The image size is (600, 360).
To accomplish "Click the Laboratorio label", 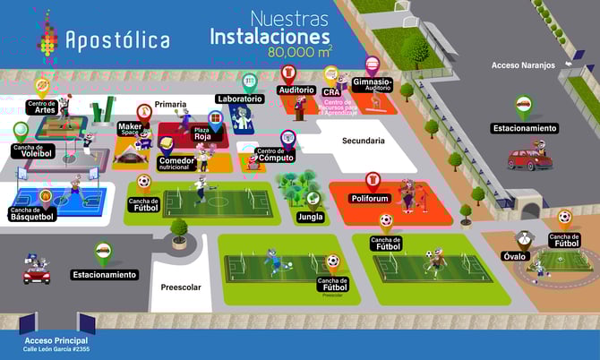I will (240, 99).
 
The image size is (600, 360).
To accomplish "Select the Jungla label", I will (311, 216).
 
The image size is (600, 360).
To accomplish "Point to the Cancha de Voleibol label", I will (32, 150).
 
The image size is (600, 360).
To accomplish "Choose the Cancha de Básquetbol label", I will (32, 214).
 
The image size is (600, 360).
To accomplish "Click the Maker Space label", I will (131, 131).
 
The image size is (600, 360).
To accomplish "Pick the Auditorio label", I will (296, 90).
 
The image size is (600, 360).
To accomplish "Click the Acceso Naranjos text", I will (524, 65).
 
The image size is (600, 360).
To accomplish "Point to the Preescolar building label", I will (182, 287).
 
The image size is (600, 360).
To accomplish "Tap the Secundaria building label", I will (364, 141).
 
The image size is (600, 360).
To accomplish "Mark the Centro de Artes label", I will (42, 107).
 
